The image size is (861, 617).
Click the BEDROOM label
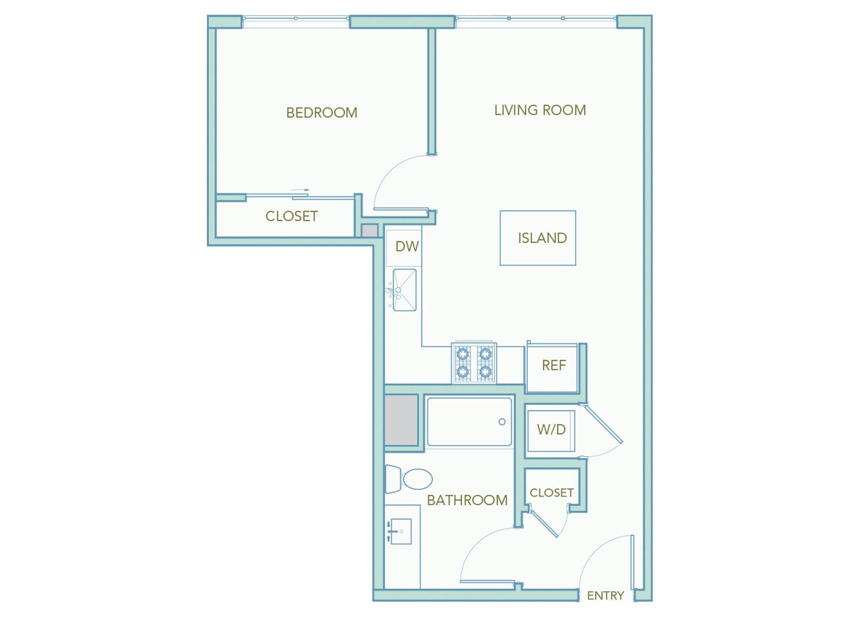[x=322, y=113]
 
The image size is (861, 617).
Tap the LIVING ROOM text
[x=540, y=110]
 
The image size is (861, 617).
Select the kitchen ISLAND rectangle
[x=538, y=238]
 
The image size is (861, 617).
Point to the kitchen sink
[x=404, y=289]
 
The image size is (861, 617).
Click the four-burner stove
[x=474, y=363]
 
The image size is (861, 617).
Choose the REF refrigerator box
[x=553, y=366]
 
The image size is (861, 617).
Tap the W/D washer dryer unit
[x=551, y=430]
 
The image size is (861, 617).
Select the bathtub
[x=469, y=422]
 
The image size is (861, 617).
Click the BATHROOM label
[x=467, y=501]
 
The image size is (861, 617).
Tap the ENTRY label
[x=605, y=596]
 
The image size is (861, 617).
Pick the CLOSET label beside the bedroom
[x=292, y=216]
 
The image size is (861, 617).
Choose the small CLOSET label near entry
[x=551, y=493]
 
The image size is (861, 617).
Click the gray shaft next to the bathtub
[x=401, y=420]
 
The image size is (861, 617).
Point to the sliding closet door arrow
[x=300, y=191]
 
